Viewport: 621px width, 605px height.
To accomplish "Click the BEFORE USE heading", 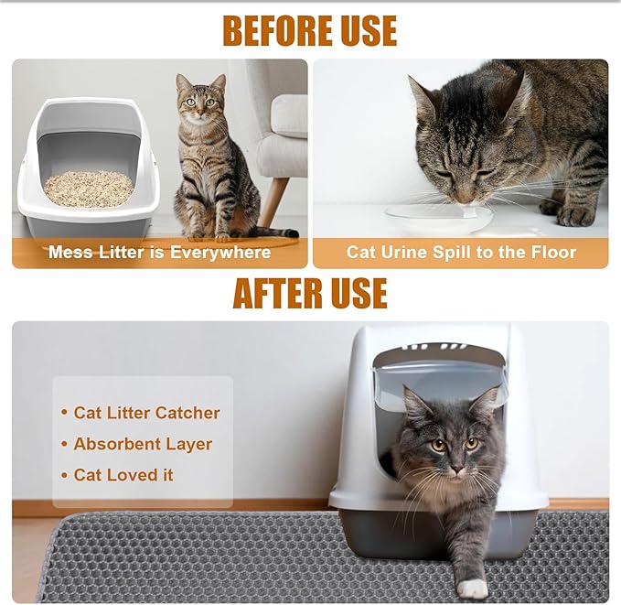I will pos(309,30).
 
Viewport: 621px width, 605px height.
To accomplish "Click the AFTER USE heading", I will pos(309,293).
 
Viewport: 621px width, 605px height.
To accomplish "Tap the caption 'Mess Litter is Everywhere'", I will pos(159,252).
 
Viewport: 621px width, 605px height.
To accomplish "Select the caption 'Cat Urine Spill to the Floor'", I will pos(461,252).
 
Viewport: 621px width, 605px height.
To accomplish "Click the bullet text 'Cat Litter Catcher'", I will pos(146,413).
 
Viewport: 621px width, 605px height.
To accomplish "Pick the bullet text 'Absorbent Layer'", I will pos(143,444).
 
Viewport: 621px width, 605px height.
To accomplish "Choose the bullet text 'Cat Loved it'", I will pos(123,475).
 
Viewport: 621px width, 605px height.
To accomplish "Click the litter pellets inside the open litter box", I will pos(89,189).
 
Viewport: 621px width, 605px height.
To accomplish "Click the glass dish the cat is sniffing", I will pos(439,218).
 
